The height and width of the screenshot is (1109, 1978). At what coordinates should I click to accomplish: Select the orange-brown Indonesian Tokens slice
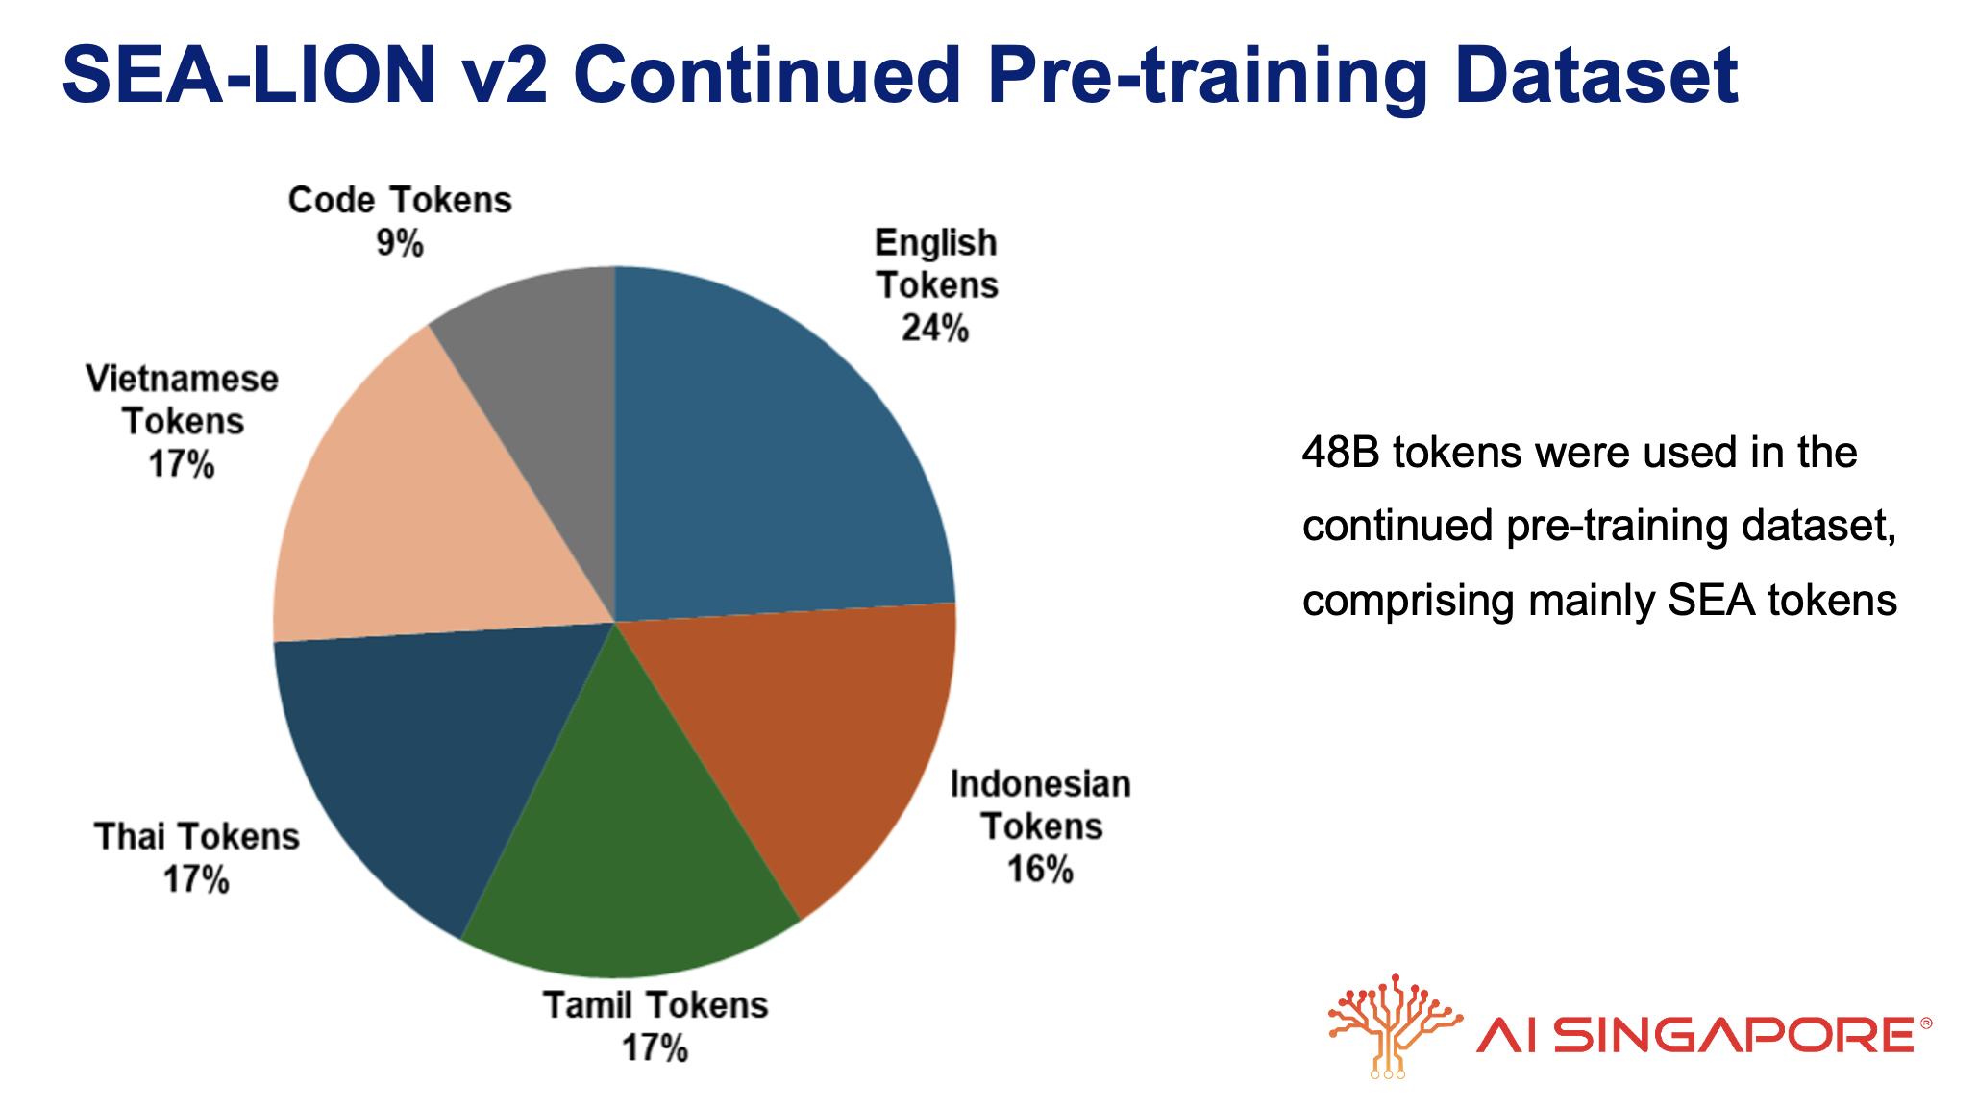click(817, 730)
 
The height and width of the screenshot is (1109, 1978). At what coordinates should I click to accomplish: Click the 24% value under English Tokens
click(934, 329)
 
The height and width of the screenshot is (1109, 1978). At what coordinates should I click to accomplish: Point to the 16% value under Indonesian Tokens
click(1040, 870)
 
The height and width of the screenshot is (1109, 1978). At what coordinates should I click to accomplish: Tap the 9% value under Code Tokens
click(400, 244)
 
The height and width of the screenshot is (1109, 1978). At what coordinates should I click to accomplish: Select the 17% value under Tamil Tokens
click(655, 1047)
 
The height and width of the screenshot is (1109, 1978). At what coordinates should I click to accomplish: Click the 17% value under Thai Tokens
click(196, 879)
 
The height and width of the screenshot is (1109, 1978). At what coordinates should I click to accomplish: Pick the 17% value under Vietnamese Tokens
click(182, 465)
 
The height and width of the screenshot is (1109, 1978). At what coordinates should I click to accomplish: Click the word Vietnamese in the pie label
click(182, 379)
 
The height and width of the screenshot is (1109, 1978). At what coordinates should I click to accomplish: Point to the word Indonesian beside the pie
click(1040, 784)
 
